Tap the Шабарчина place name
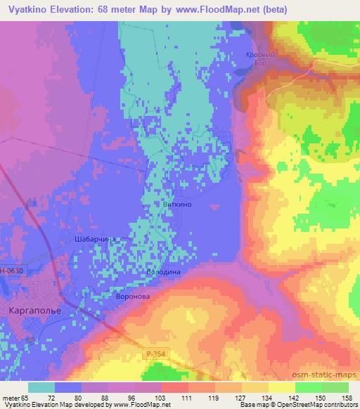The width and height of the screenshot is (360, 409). pyautogui.click(x=94, y=240)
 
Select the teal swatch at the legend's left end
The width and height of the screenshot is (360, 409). pyautogui.click(x=41, y=387)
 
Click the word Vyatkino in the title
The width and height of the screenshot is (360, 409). pyautogui.click(x=30, y=11)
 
